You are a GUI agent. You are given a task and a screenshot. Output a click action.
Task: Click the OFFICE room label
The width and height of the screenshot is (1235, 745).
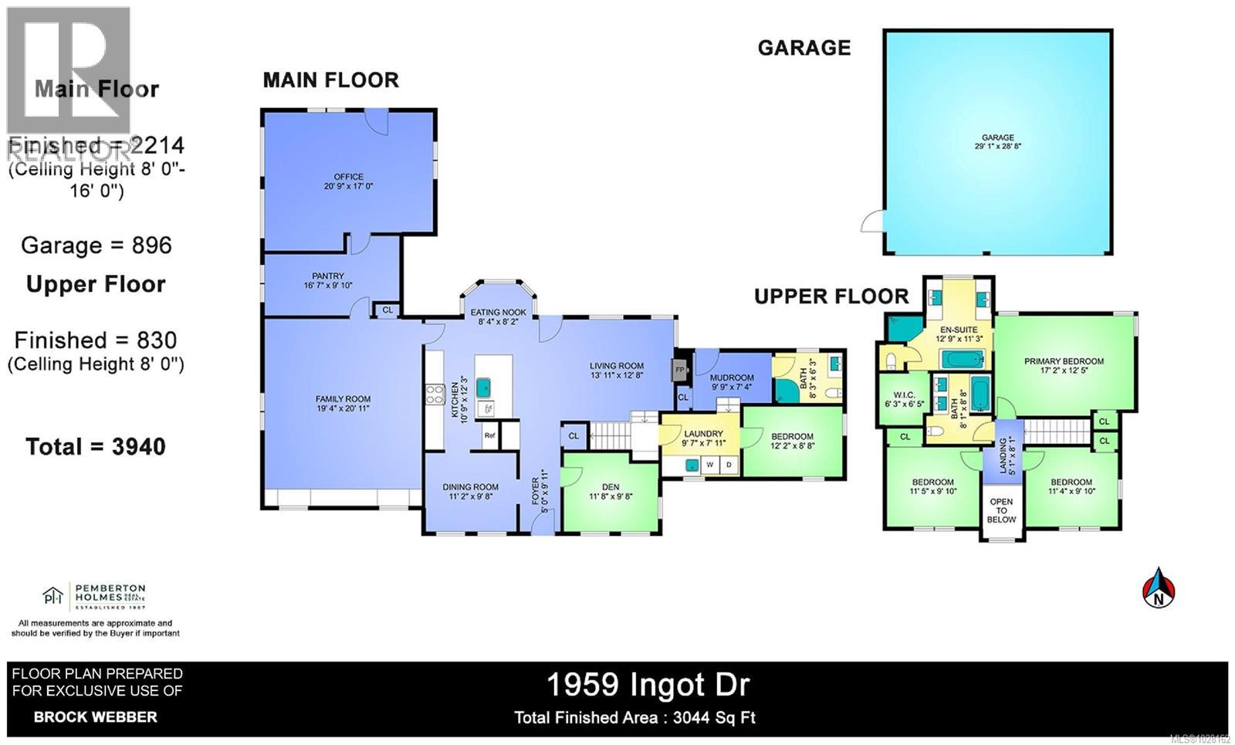pyautogui.click(x=348, y=177)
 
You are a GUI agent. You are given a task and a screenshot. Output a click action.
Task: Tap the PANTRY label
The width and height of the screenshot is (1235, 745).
pyautogui.click(x=328, y=276)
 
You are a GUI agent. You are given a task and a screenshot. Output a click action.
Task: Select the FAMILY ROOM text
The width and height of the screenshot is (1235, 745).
pyautogui.click(x=343, y=399)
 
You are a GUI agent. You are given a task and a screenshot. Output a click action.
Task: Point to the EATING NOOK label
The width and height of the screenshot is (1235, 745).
pyautogui.click(x=499, y=313)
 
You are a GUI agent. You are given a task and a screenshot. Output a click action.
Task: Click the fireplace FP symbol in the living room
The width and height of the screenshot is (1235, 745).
pyautogui.click(x=680, y=370)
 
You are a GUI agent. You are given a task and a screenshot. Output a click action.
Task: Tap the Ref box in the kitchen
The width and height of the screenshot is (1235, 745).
pyautogui.click(x=489, y=435)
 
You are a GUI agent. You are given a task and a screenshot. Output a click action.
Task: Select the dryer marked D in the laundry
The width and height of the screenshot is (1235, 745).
pyautogui.click(x=729, y=465)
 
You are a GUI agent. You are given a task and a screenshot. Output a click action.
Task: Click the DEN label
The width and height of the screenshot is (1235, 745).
pyautogui.click(x=611, y=487)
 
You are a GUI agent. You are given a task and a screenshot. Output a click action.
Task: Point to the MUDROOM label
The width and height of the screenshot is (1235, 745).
pyautogui.click(x=732, y=378)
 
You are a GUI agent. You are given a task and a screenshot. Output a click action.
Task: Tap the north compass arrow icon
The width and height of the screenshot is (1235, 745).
pyautogui.click(x=1159, y=589)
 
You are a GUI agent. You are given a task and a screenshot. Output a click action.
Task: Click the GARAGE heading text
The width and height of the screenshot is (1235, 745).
pyautogui.click(x=804, y=48)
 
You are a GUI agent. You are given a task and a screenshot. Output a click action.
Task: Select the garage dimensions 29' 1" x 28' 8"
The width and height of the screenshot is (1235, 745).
pyautogui.click(x=997, y=146)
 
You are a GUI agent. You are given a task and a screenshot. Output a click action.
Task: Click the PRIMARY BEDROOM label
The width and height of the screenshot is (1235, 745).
pyautogui.click(x=1064, y=361)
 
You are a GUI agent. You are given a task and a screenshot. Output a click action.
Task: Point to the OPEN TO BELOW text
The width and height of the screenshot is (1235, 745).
pyautogui.click(x=1001, y=510)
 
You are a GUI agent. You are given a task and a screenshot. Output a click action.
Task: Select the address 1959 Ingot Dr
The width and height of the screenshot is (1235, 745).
pyautogui.click(x=648, y=684)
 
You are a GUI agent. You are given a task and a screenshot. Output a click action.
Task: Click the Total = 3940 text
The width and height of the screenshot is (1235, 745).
pyautogui.click(x=96, y=446)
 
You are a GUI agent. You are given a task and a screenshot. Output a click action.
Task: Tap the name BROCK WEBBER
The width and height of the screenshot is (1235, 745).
pyautogui.click(x=96, y=716)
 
